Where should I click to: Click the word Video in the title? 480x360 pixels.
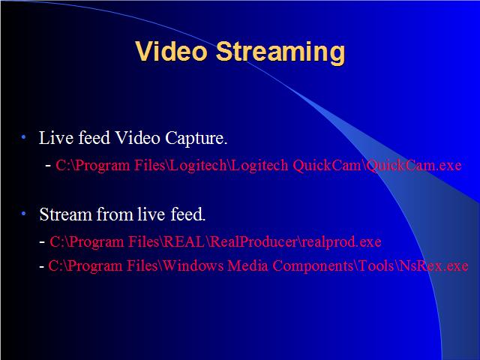pos(172,51)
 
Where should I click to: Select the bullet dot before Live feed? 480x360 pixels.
pos(23,137)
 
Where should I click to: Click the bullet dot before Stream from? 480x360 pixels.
pos(23,214)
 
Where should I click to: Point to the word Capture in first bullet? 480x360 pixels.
pos(196,139)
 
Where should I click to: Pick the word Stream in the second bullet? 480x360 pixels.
pos(66,214)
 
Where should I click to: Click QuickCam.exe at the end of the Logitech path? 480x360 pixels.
pos(414,166)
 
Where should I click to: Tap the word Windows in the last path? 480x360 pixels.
pos(193,265)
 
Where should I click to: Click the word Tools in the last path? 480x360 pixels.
pos(376,265)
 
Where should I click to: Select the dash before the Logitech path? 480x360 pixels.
pos(48,166)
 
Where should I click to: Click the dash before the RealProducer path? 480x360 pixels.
pos(42,242)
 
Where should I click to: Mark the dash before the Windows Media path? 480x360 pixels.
pos(42,266)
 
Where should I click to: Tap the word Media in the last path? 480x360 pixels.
pos(248,265)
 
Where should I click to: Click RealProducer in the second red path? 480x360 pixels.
pos(253,241)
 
